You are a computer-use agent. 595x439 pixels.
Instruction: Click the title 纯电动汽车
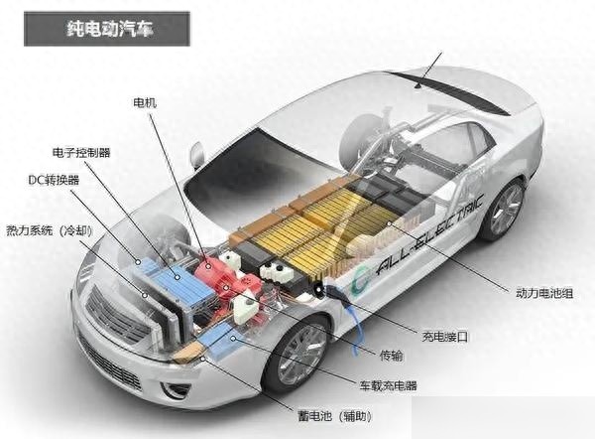tap(110, 29)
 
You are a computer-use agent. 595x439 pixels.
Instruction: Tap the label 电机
tap(145, 103)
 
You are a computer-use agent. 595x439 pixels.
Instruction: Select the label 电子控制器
tap(81, 153)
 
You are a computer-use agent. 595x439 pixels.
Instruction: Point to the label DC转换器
tap(54, 180)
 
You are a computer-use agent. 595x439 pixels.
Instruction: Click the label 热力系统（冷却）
tap(50, 230)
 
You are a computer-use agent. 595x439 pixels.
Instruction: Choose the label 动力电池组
tap(544, 293)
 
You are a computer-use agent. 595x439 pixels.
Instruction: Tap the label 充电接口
tap(445, 337)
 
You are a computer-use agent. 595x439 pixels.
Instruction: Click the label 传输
tap(392, 356)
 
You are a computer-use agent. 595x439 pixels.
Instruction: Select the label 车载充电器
tap(389, 385)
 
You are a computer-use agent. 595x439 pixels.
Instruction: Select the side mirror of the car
tap(197, 155)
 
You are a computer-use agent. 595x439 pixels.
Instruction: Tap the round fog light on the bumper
tap(174, 389)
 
